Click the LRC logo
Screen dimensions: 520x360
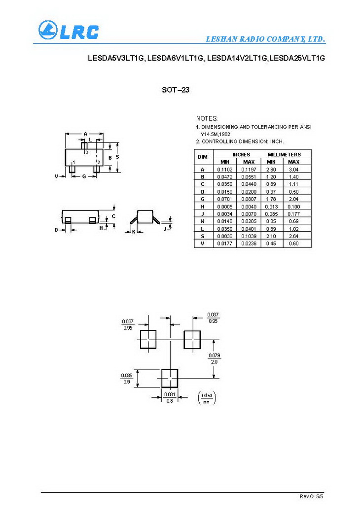(69, 31)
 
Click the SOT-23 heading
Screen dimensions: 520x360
(176, 90)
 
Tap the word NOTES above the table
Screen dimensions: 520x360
(206, 118)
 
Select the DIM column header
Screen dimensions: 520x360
(203, 157)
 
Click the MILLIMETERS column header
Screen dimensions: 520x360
(284, 154)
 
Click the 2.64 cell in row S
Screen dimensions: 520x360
(293, 236)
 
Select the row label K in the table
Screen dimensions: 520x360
(203, 221)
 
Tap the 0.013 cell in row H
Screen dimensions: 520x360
(271, 206)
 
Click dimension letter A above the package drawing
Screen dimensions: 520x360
(85, 134)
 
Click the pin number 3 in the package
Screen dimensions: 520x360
(86, 153)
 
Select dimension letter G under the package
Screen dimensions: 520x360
(84, 176)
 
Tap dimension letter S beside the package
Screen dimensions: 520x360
(117, 157)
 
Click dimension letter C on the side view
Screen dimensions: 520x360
(113, 216)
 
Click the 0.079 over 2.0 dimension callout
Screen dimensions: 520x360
(214, 358)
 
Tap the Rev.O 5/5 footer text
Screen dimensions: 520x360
(312, 495)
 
